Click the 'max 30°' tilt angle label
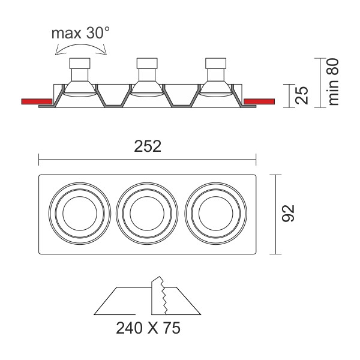click(x=80, y=33)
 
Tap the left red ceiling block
click(x=37, y=101)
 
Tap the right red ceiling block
click(x=259, y=101)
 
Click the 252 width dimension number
click(x=148, y=146)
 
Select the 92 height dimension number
click(x=288, y=213)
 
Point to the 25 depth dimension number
click(x=301, y=95)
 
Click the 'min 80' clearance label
click(x=333, y=82)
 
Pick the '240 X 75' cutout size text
click(x=148, y=328)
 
